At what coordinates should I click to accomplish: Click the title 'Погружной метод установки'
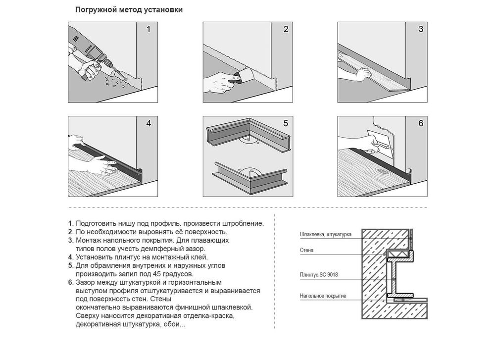(129, 10)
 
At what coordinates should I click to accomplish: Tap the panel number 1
(148, 29)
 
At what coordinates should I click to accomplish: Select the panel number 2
(286, 29)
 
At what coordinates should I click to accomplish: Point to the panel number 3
(420, 29)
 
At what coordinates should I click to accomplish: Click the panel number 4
(148, 123)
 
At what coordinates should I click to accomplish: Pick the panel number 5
(286, 123)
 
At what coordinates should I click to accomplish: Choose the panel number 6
(420, 123)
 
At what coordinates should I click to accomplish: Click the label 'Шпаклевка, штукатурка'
(326, 235)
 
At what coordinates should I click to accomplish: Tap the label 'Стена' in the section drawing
(306, 251)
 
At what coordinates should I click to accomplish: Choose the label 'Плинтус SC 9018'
(319, 275)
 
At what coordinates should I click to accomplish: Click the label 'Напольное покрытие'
(323, 296)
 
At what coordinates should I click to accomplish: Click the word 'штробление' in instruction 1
(244, 224)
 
